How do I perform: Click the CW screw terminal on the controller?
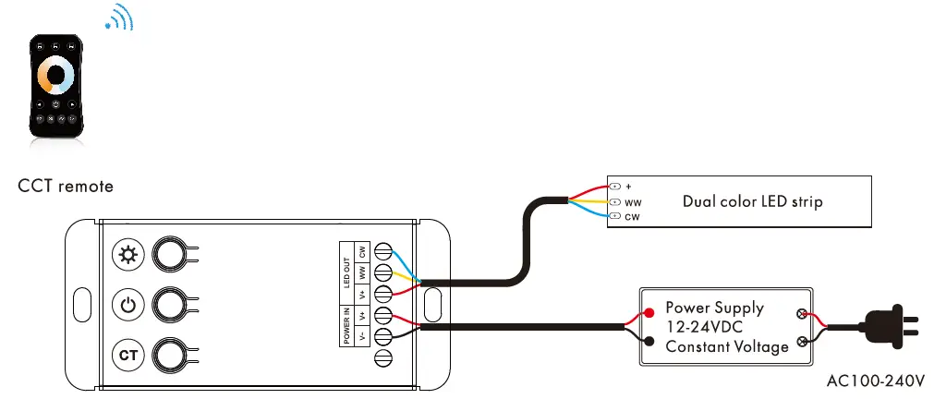pos(380,252)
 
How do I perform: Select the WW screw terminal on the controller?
pos(380,272)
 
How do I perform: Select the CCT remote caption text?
pos(66,187)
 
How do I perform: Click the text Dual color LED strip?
pos(752,201)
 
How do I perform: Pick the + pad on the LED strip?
pos(615,187)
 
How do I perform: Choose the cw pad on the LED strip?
pos(615,217)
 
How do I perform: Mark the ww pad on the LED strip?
pos(615,201)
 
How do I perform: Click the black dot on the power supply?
pos(650,343)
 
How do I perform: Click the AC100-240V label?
pos(876,380)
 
